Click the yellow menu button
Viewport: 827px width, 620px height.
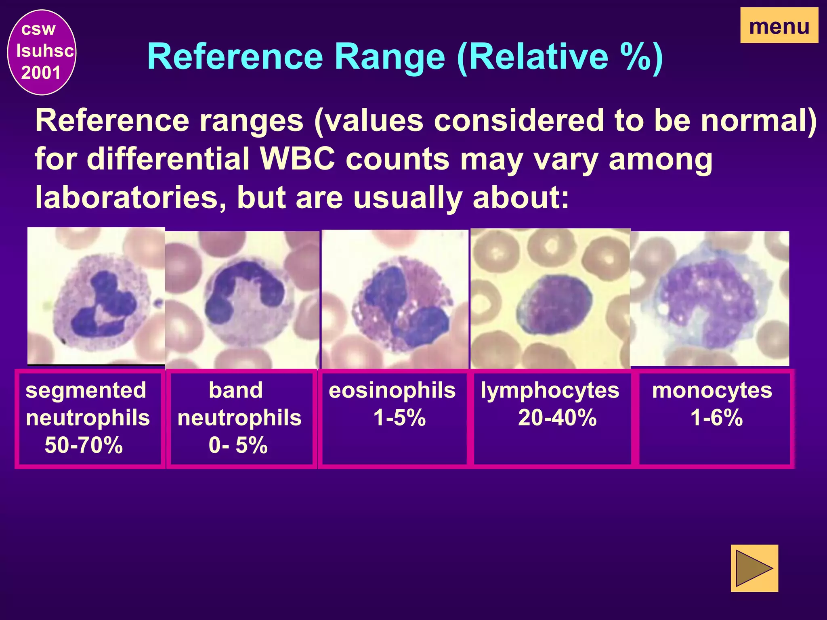[x=779, y=26]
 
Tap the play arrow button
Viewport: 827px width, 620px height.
[x=754, y=568]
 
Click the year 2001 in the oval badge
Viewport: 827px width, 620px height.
[x=41, y=73]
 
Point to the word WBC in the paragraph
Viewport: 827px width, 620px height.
[x=298, y=159]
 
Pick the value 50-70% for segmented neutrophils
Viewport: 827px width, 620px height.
[x=84, y=445]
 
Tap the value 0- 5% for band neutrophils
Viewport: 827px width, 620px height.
[x=238, y=445]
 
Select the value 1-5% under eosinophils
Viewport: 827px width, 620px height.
[x=399, y=417]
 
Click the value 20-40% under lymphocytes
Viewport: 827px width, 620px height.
[x=557, y=417]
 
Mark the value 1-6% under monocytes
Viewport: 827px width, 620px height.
[x=716, y=417]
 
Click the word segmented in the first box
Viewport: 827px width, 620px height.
[x=86, y=390]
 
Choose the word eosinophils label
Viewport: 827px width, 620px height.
[x=392, y=390]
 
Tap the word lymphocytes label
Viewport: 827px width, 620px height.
[x=550, y=390]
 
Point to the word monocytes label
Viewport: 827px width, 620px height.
[x=712, y=390]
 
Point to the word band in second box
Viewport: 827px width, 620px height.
[x=236, y=390]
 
